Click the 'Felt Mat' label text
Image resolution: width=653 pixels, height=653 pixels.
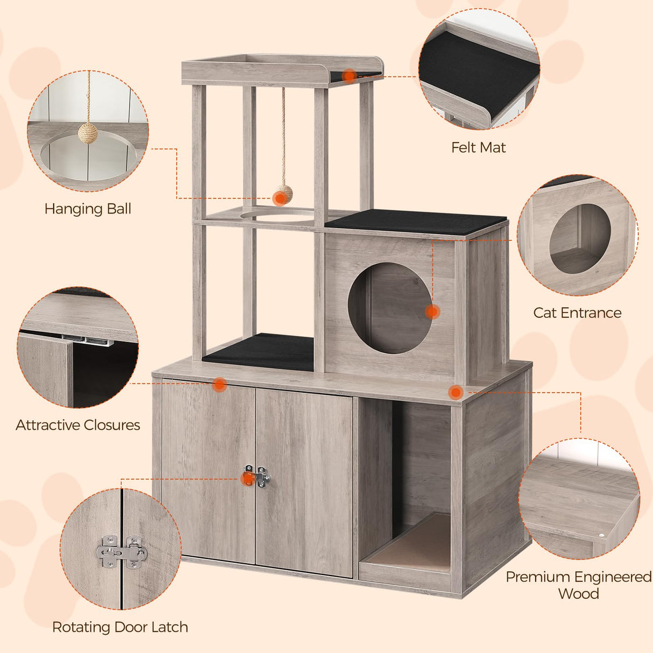478,147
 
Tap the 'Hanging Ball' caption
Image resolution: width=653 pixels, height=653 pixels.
88,209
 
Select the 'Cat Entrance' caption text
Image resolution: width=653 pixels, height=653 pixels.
577,313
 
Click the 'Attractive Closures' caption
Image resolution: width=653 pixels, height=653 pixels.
78,425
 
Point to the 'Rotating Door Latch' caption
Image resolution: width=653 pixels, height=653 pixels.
120,627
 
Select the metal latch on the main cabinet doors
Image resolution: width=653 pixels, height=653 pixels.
257,477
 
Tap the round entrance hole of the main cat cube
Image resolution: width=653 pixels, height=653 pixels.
389,308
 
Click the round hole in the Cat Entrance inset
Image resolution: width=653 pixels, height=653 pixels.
580,238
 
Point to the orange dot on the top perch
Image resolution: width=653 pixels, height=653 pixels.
350,76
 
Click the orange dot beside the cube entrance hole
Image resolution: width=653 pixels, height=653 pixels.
432,311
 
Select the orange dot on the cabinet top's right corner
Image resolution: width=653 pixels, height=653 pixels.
456,392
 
